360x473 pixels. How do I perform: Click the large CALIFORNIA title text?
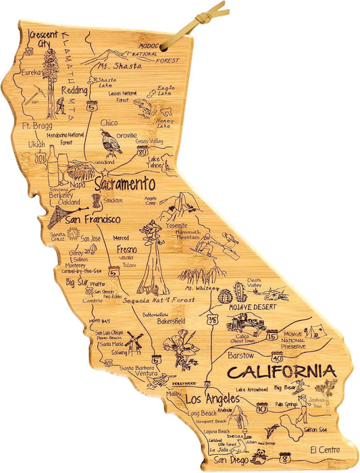pyautogui.click(x=280, y=372)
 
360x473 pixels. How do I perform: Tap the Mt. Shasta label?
pyautogui.click(x=120, y=66)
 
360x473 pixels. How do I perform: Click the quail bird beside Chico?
pyautogui.click(x=107, y=143)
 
